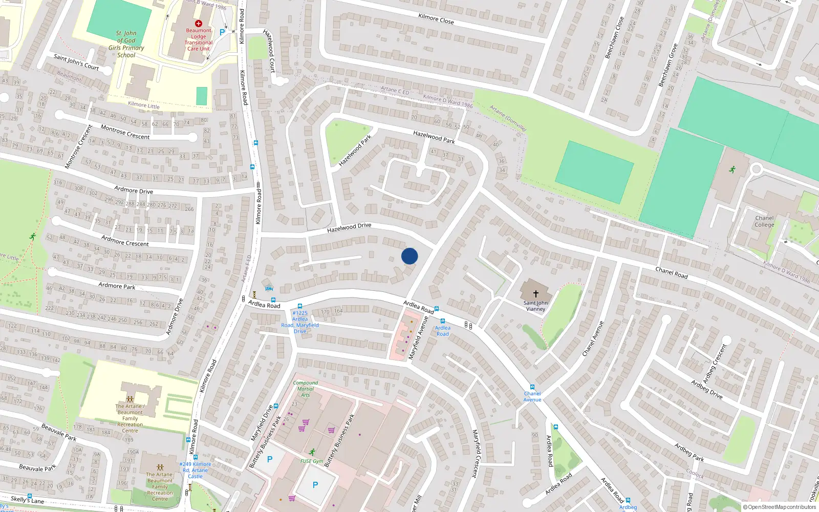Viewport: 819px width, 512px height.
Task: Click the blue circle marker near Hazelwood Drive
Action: pos(409,256)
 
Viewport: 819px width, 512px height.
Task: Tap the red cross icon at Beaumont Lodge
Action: pos(199,24)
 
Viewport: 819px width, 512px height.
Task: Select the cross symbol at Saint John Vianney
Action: pos(536,294)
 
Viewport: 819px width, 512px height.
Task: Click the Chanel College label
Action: pos(764,221)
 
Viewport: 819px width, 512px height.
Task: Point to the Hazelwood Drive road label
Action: pos(349,227)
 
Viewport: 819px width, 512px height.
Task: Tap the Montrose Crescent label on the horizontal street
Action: pos(125,132)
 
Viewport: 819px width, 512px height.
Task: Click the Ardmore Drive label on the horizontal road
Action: pos(134,190)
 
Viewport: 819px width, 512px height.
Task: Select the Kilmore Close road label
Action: pos(436,19)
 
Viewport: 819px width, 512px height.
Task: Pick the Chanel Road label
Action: pos(672,273)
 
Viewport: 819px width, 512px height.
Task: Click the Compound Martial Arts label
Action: pos(306,389)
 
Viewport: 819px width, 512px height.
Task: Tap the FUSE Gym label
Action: pos(311,461)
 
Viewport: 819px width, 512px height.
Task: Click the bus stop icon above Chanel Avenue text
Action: pos(532,387)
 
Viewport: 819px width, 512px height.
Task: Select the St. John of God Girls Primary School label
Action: pos(126,44)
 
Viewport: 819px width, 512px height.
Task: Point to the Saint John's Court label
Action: pos(76,62)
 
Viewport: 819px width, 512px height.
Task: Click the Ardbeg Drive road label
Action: pos(706,390)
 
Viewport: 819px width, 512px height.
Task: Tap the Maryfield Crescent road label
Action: pos(476,454)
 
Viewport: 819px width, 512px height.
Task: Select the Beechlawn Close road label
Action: pos(614,38)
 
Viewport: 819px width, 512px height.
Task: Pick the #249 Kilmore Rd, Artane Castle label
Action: pos(195,470)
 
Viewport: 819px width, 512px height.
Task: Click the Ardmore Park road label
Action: pos(117,286)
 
